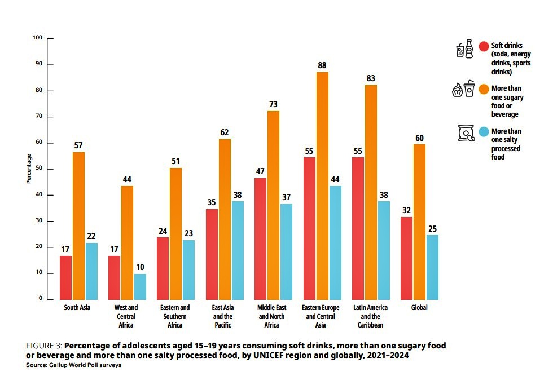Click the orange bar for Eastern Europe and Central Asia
(x=322, y=186)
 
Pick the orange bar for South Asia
(x=78, y=225)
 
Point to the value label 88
(x=322, y=65)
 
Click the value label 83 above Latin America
(x=371, y=78)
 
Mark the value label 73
(x=274, y=105)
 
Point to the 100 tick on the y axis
(x=38, y=38)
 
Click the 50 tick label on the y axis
(x=39, y=169)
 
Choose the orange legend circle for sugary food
(x=484, y=89)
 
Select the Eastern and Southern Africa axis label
(x=175, y=316)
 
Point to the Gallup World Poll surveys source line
(x=74, y=365)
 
